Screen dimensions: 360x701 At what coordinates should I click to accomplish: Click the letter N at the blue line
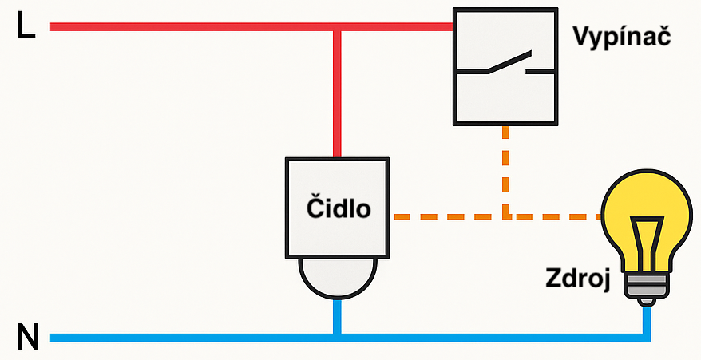point(27,338)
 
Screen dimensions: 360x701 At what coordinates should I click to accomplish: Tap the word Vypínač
point(620,37)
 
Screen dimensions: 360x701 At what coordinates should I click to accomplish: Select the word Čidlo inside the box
point(339,208)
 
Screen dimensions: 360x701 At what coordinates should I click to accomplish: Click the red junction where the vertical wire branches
point(338,27)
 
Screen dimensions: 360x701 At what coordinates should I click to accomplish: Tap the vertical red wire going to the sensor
point(338,96)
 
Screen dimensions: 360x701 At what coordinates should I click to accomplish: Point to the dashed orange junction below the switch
point(505,216)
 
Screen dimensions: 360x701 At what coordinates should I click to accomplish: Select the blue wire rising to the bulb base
point(646,319)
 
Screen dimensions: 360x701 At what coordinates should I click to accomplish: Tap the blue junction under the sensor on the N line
point(338,338)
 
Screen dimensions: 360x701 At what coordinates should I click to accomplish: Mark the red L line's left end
point(53,27)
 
